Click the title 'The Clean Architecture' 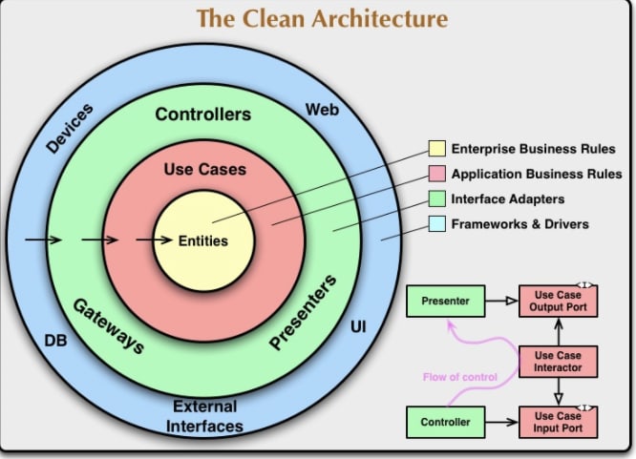pyautogui.click(x=323, y=19)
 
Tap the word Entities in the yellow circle pyautogui.click(x=203, y=240)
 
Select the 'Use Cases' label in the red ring pyautogui.click(x=204, y=170)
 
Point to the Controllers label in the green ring pyautogui.click(x=202, y=115)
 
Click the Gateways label pyautogui.click(x=109, y=326)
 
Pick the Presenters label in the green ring pyautogui.click(x=303, y=311)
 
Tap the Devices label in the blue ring pyautogui.click(x=70, y=128)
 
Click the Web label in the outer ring pyautogui.click(x=322, y=110)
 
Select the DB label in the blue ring pyautogui.click(x=55, y=341)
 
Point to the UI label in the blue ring pyautogui.click(x=358, y=326)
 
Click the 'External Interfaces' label pyautogui.click(x=204, y=416)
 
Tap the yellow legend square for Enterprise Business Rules pyautogui.click(x=436, y=149)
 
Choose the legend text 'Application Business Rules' pyautogui.click(x=537, y=174)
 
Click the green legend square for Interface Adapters pyautogui.click(x=436, y=198)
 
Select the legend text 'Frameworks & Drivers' pyautogui.click(x=520, y=224)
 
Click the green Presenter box pyautogui.click(x=445, y=301)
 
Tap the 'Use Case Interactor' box pyautogui.click(x=558, y=362)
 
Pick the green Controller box pyautogui.click(x=445, y=422)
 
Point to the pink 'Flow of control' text pyautogui.click(x=460, y=377)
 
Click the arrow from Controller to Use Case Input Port pyautogui.click(x=501, y=422)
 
